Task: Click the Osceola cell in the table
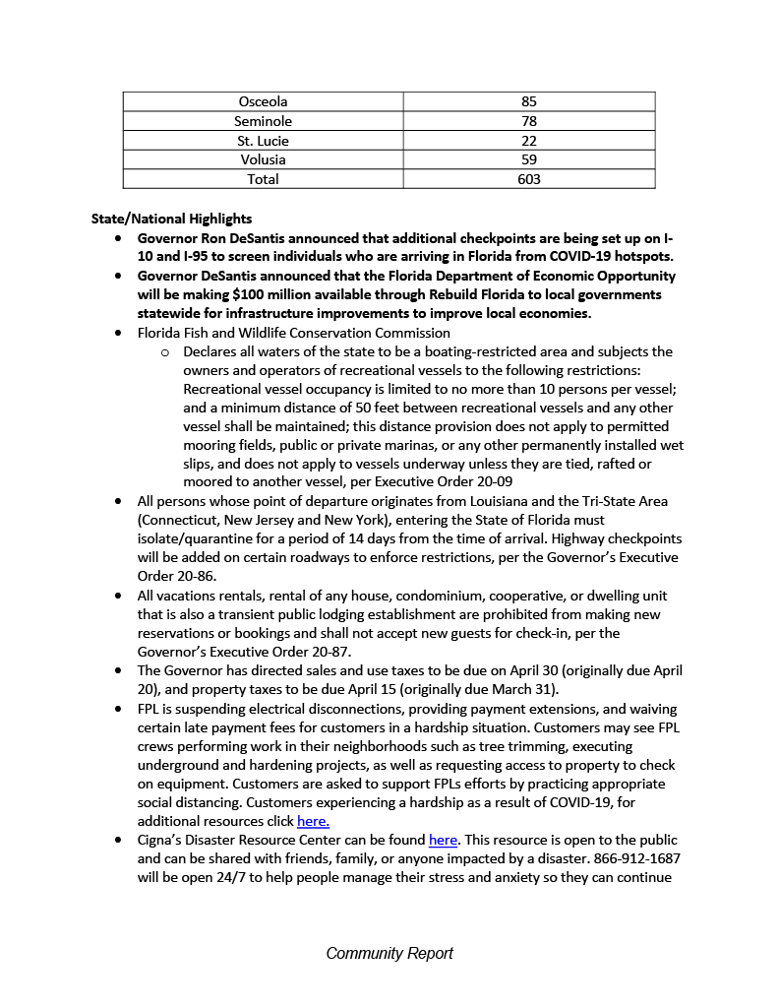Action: pos(263,101)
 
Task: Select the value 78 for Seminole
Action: pos(529,121)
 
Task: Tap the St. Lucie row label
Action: pos(263,141)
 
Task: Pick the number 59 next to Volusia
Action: pos(529,159)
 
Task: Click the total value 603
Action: pos(529,179)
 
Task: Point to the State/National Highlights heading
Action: pos(171,219)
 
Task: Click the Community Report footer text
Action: pos(389,953)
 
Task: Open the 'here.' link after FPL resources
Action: pos(313,821)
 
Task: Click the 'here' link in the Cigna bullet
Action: pos(443,840)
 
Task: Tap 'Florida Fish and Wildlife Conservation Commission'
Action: pos(293,333)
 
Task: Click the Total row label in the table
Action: pos(263,179)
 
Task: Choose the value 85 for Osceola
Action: pos(529,101)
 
